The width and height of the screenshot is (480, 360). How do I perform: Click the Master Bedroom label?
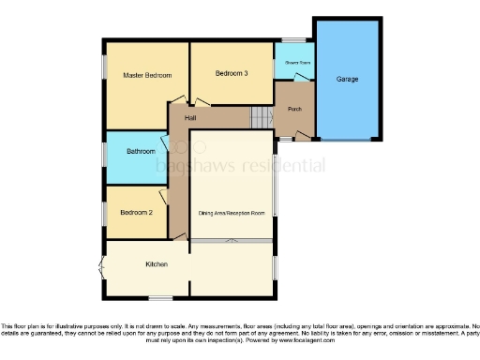coord(147,75)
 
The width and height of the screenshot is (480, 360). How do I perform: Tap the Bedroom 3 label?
coord(232,73)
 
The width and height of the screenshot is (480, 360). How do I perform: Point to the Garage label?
coord(347,79)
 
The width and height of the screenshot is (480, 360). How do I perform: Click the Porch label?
coord(294,108)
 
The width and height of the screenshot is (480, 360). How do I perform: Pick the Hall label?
coord(190,117)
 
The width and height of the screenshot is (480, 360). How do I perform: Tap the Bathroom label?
coord(141,151)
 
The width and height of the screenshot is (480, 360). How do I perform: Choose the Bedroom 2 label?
coord(136,212)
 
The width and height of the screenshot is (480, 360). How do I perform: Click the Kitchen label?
coord(156,264)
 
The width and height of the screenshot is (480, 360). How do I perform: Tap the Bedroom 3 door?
coord(200,103)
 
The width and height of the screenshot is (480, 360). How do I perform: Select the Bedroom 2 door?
coord(165,198)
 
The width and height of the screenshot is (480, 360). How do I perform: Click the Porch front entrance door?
coord(303,137)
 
